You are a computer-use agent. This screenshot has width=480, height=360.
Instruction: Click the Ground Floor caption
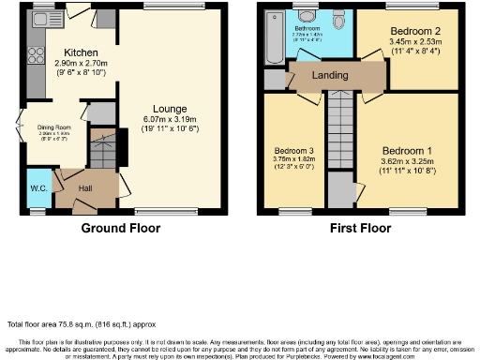point(120,228)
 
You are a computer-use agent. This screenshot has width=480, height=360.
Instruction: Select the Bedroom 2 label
point(408,31)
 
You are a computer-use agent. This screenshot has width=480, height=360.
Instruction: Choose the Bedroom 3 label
point(292,151)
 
